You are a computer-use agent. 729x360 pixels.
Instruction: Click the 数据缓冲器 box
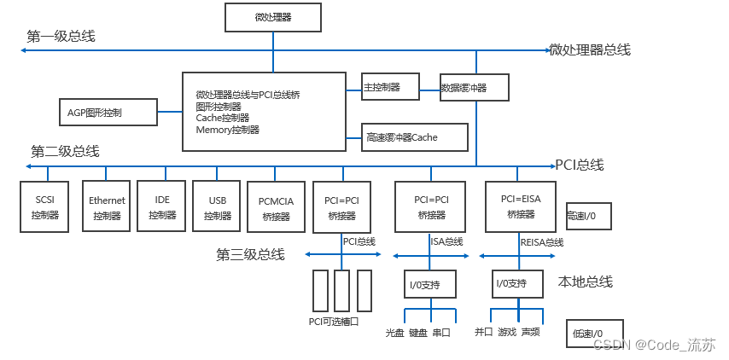click(475, 87)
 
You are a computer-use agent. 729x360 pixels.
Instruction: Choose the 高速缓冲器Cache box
click(415, 136)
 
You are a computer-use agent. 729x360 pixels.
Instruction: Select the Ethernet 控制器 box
click(107, 207)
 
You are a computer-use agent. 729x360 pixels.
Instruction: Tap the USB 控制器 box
click(217, 207)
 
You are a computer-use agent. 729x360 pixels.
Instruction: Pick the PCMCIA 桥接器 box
click(275, 207)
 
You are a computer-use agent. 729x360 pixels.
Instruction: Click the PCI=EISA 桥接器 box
click(520, 206)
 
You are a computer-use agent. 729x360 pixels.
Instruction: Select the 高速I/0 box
click(588, 217)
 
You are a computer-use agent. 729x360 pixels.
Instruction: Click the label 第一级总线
click(61, 36)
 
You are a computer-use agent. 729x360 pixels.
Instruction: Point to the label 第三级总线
click(250, 254)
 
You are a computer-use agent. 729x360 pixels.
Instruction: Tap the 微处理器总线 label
click(590, 49)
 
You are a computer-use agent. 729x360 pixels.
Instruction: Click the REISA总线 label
click(541, 242)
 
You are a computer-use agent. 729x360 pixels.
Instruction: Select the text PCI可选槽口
click(334, 322)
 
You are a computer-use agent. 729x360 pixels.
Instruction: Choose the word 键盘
click(417, 333)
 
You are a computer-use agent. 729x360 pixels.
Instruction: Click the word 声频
click(530, 333)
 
